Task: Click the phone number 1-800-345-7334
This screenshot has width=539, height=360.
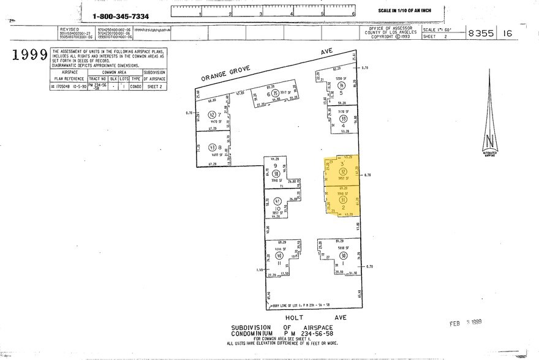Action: click(x=130, y=16)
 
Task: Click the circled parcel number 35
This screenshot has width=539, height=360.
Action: click(x=276, y=94)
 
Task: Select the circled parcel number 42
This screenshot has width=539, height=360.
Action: click(x=213, y=115)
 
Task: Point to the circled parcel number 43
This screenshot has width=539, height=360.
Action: click(x=213, y=148)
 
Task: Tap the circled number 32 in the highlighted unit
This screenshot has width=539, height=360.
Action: click(x=343, y=171)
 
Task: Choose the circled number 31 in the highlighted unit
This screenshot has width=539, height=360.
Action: click(x=343, y=200)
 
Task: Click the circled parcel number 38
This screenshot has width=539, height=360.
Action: click(x=276, y=173)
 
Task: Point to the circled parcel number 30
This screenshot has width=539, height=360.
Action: click(x=343, y=256)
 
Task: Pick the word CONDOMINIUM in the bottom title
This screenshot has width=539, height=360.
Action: click(x=254, y=334)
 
